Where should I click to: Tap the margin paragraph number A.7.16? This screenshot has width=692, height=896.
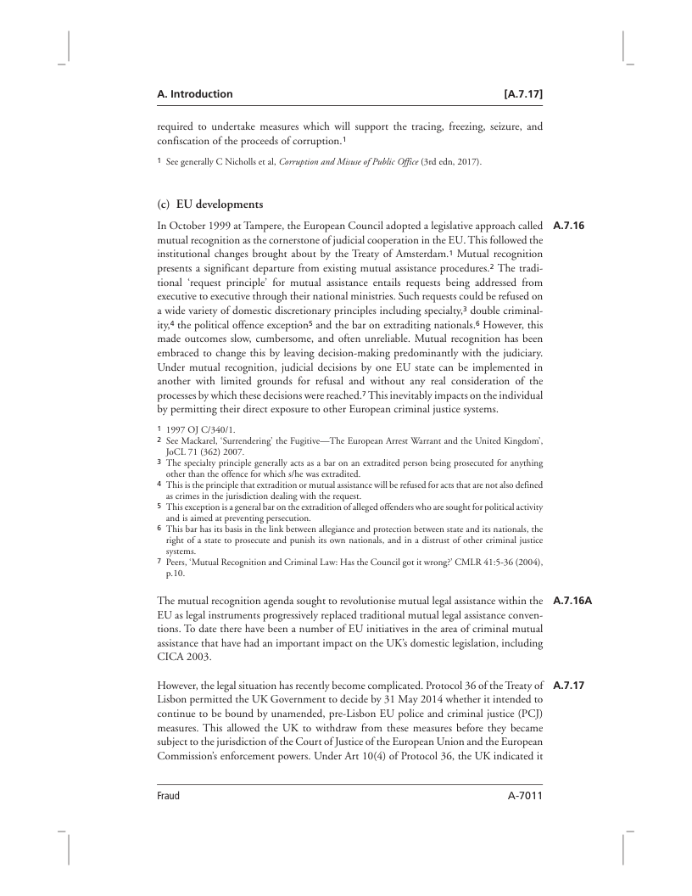[x=569, y=227]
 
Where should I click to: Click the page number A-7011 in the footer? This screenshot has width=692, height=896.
[x=519, y=796]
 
